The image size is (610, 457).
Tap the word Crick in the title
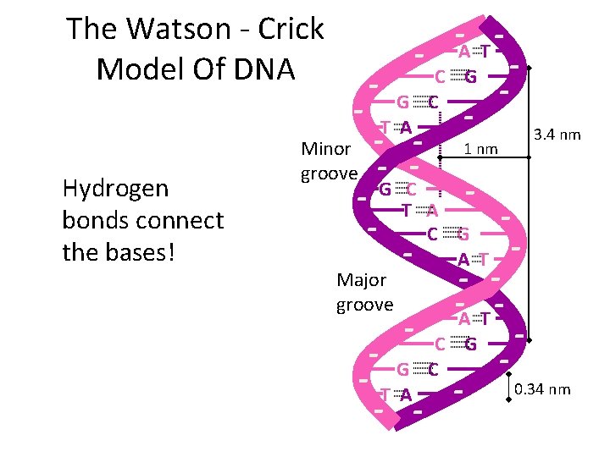[x=291, y=30]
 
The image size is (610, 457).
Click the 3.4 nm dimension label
[x=556, y=134]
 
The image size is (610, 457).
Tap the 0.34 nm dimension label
[x=542, y=389]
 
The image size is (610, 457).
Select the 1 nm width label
[x=482, y=150]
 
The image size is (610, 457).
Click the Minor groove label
[x=329, y=161]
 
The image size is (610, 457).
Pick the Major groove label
[x=364, y=291]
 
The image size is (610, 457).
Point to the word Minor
[x=326, y=149]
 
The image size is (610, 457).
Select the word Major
[x=361, y=279]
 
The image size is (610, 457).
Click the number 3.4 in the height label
[x=545, y=134]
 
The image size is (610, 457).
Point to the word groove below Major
[x=364, y=303]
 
